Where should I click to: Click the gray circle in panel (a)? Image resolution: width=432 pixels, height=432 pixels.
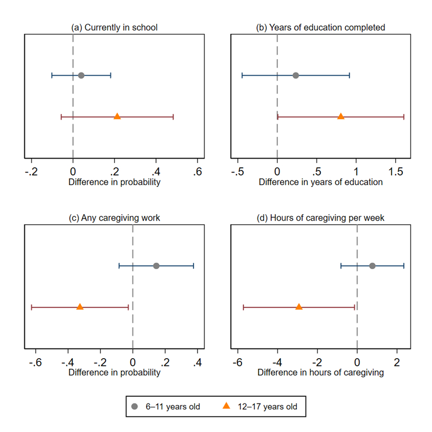81,75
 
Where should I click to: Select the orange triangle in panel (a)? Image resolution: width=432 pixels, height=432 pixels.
117,116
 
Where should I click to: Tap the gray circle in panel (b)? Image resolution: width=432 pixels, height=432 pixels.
296,75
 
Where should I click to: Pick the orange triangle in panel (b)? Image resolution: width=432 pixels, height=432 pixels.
341,116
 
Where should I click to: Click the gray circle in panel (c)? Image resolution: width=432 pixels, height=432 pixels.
156,266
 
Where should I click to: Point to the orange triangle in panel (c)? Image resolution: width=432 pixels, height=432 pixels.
80,306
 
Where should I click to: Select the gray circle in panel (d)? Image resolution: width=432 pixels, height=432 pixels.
372,266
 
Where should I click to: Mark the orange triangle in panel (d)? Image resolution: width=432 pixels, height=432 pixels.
299,306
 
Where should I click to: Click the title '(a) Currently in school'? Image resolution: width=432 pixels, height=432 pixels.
114,27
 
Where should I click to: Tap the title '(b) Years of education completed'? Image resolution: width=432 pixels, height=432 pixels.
321,27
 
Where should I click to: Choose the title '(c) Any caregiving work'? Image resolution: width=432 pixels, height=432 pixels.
114,218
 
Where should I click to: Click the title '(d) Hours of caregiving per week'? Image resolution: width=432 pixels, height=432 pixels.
321,218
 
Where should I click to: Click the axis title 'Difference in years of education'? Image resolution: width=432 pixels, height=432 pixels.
321,182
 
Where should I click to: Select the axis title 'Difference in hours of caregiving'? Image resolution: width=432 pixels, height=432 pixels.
321,372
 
